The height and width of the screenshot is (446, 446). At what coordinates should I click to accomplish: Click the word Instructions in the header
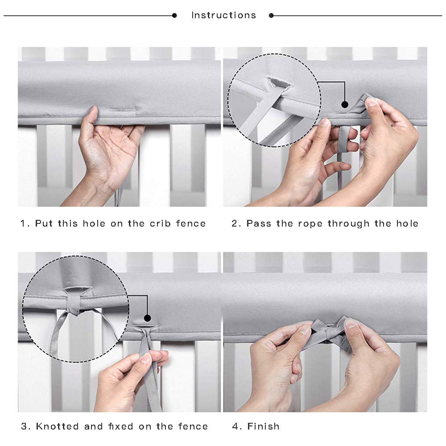(x=223, y=15)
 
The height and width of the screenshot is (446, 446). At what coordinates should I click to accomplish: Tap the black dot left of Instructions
(x=174, y=15)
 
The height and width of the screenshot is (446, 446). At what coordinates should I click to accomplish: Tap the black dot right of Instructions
(x=271, y=15)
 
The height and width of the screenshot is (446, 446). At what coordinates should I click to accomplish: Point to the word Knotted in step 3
(x=57, y=426)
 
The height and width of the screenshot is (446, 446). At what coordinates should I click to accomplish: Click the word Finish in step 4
(x=264, y=426)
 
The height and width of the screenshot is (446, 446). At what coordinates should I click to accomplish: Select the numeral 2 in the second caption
(x=235, y=223)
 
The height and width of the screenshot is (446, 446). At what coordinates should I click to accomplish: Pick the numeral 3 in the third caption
(x=25, y=426)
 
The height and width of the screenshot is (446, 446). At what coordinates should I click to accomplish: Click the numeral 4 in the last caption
(x=235, y=426)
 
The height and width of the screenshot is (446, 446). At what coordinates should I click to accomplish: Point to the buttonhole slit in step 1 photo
(x=122, y=110)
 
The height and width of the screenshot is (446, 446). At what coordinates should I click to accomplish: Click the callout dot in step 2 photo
(x=345, y=104)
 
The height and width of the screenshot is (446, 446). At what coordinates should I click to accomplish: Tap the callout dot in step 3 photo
(x=147, y=318)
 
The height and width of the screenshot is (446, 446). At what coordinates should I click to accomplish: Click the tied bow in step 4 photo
(x=330, y=330)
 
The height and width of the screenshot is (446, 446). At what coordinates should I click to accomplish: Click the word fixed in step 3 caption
(x=120, y=426)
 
